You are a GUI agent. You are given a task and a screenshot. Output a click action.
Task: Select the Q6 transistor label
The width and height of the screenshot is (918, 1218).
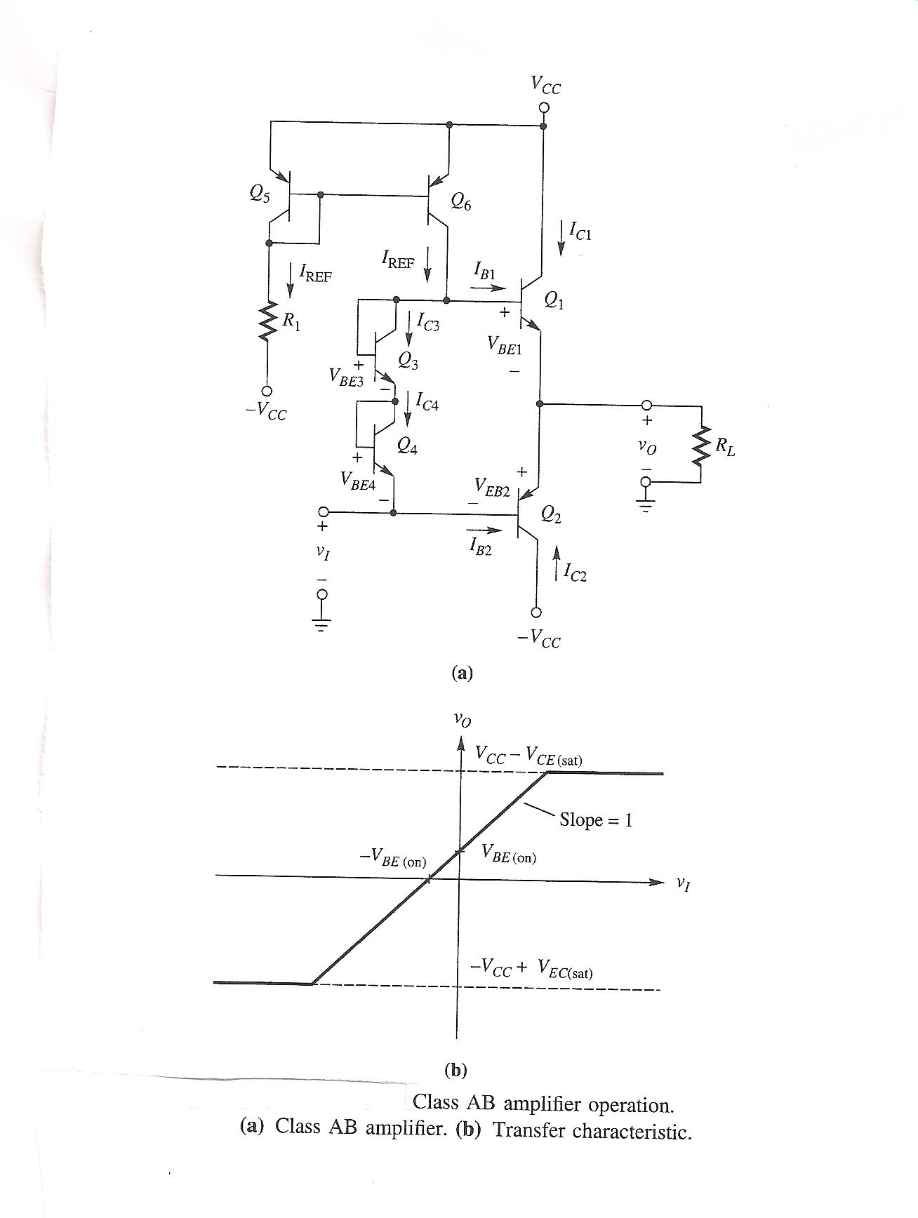[461, 203]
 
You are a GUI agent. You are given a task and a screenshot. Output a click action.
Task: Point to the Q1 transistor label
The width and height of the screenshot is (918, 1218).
[554, 302]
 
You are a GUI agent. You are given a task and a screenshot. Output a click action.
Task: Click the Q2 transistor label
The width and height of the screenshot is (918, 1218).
[551, 516]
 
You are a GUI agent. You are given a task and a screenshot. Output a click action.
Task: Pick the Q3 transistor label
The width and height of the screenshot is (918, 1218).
[407, 360]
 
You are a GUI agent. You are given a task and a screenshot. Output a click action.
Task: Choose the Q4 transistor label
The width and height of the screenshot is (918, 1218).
[407, 446]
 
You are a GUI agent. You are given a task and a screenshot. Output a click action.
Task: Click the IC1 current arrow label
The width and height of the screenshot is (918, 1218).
[580, 231]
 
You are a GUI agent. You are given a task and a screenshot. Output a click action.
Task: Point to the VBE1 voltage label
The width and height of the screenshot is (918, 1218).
[503, 344]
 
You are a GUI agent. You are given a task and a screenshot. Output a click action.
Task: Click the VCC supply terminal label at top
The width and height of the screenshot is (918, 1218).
[545, 86]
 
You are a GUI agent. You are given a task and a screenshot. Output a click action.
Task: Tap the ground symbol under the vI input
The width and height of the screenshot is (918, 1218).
[321, 624]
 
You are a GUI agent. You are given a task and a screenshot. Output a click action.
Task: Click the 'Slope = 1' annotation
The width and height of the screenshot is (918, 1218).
[596, 819]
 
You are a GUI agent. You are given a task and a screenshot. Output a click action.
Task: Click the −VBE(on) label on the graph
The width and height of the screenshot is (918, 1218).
[392, 857]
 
